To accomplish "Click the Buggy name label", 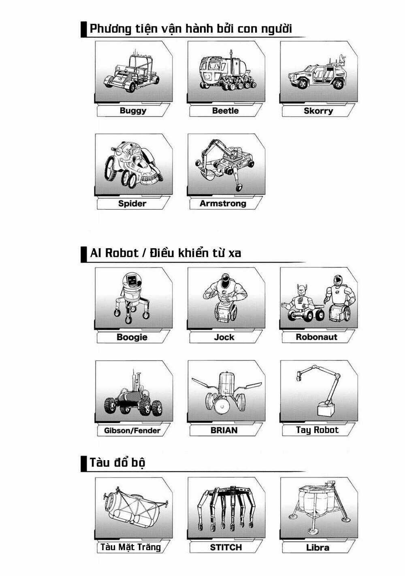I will click(x=133, y=111).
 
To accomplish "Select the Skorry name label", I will click(x=318, y=111).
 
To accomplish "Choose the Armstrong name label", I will click(x=223, y=203).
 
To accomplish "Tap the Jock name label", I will click(x=224, y=337).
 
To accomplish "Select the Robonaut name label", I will click(x=316, y=337).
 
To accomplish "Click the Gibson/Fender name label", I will click(x=132, y=430).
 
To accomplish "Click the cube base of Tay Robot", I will click(x=325, y=409).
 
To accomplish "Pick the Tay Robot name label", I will click(x=317, y=430).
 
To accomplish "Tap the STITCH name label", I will click(x=226, y=547).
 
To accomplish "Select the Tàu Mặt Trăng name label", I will click(x=130, y=547).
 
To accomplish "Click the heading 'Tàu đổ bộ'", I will click(x=117, y=462).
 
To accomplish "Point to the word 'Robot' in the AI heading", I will click(x=121, y=253).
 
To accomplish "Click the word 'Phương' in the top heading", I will click(x=111, y=29).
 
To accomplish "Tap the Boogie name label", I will click(x=132, y=337).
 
